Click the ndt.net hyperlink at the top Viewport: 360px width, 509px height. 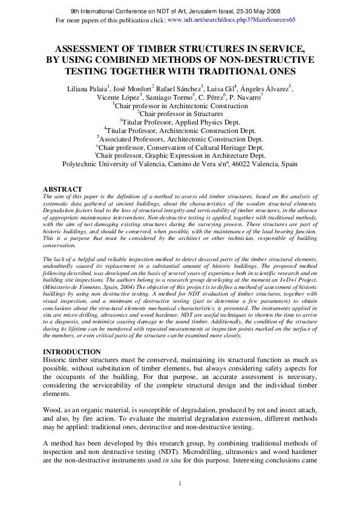tap(231, 19)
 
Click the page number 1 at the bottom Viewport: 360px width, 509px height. tap(180, 484)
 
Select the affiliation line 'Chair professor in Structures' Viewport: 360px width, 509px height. tap(181, 113)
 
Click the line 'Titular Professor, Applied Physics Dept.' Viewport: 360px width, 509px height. tap(181, 121)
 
